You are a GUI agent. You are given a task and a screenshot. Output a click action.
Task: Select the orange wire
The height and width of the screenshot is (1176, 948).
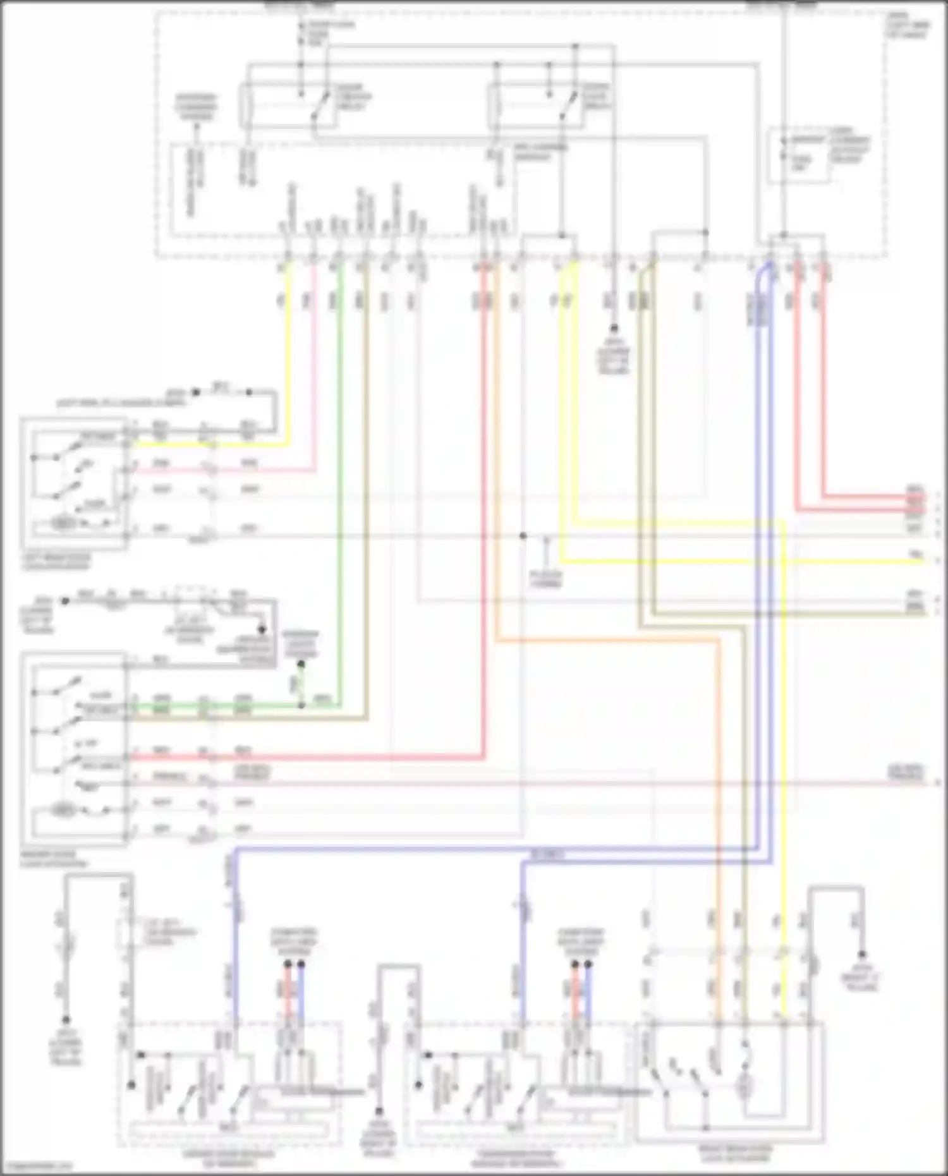pyautogui.click(x=607, y=641)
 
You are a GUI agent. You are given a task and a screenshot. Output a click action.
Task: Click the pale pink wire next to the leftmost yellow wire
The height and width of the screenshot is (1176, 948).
pyautogui.click(x=315, y=379)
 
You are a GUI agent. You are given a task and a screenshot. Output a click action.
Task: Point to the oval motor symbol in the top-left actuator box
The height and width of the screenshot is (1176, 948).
pyautogui.click(x=63, y=523)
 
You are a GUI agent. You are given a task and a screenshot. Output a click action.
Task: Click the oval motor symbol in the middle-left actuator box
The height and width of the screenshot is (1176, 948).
pyautogui.click(x=63, y=809)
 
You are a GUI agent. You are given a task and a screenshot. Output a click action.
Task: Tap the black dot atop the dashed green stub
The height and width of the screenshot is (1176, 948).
pyautogui.click(x=301, y=664)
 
